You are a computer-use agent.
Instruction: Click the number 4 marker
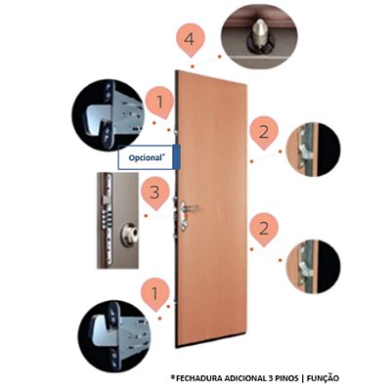pyautogui.click(x=190, y=40)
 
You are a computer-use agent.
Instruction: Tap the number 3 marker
pyautogui.click(x=155, y=193)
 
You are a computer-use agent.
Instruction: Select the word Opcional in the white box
pyautogui.click(x=145, y=158)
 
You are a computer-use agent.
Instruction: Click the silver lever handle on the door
pyautogui.click(x=190, y=207)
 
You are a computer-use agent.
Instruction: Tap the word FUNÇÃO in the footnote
pyautogui.click(x=324, y=378)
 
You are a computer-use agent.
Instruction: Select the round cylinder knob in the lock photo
pyautogui.click(x=130, y=234)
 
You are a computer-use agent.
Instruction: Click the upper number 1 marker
pyautogui.click(x=159, y=102)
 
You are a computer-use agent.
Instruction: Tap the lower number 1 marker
pyautogui.click(x=155, y=294)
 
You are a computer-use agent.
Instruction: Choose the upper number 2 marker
pyautogui.click(x=264, y=132)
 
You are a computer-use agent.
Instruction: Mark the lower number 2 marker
pyautogui.click(x=264, y=229)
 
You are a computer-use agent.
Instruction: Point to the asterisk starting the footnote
pyautogui.click(x=173, y=377)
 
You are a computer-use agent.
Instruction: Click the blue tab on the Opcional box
pyautogui.click(x=177, y=157)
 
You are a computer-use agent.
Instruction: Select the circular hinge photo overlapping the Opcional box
pyautogui.click(x=109, y=114)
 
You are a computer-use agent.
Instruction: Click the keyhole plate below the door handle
pyautogui.click(x=184, y=223)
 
